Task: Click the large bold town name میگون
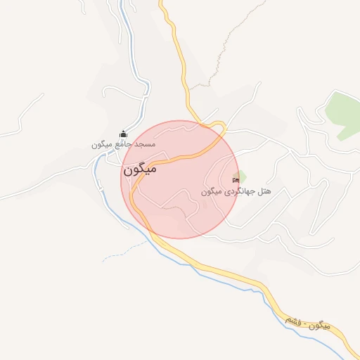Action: click(139, 169)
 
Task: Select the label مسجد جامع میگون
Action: click(123, 144)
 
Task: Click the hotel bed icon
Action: click(235, 180)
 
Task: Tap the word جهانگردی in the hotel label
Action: click(241, 191)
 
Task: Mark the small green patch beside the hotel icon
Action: click(241, 174)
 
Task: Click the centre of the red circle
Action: click(181, 179)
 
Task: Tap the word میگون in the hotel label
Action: click(212, 191)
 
